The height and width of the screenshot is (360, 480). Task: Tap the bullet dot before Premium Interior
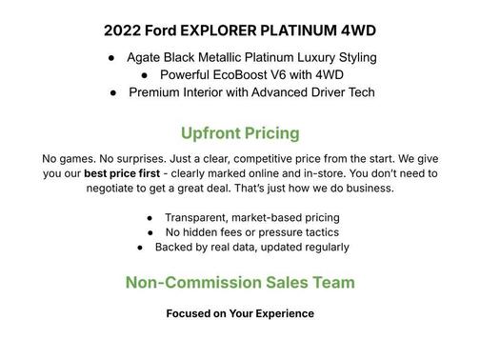pyautogui.click(x=112, y=92)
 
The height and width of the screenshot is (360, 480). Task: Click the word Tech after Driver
pyautogui.click(x=360, y=92)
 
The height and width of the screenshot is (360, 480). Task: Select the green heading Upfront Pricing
pyautogui.click(x=240, y=132)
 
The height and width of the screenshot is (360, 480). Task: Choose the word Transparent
pyautogui.click(x=197, y=217)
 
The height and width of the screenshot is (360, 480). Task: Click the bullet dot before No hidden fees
pyautogui.click(x=150, y=232)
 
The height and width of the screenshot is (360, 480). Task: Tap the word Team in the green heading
pyautogui.click(x=334, y=283)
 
